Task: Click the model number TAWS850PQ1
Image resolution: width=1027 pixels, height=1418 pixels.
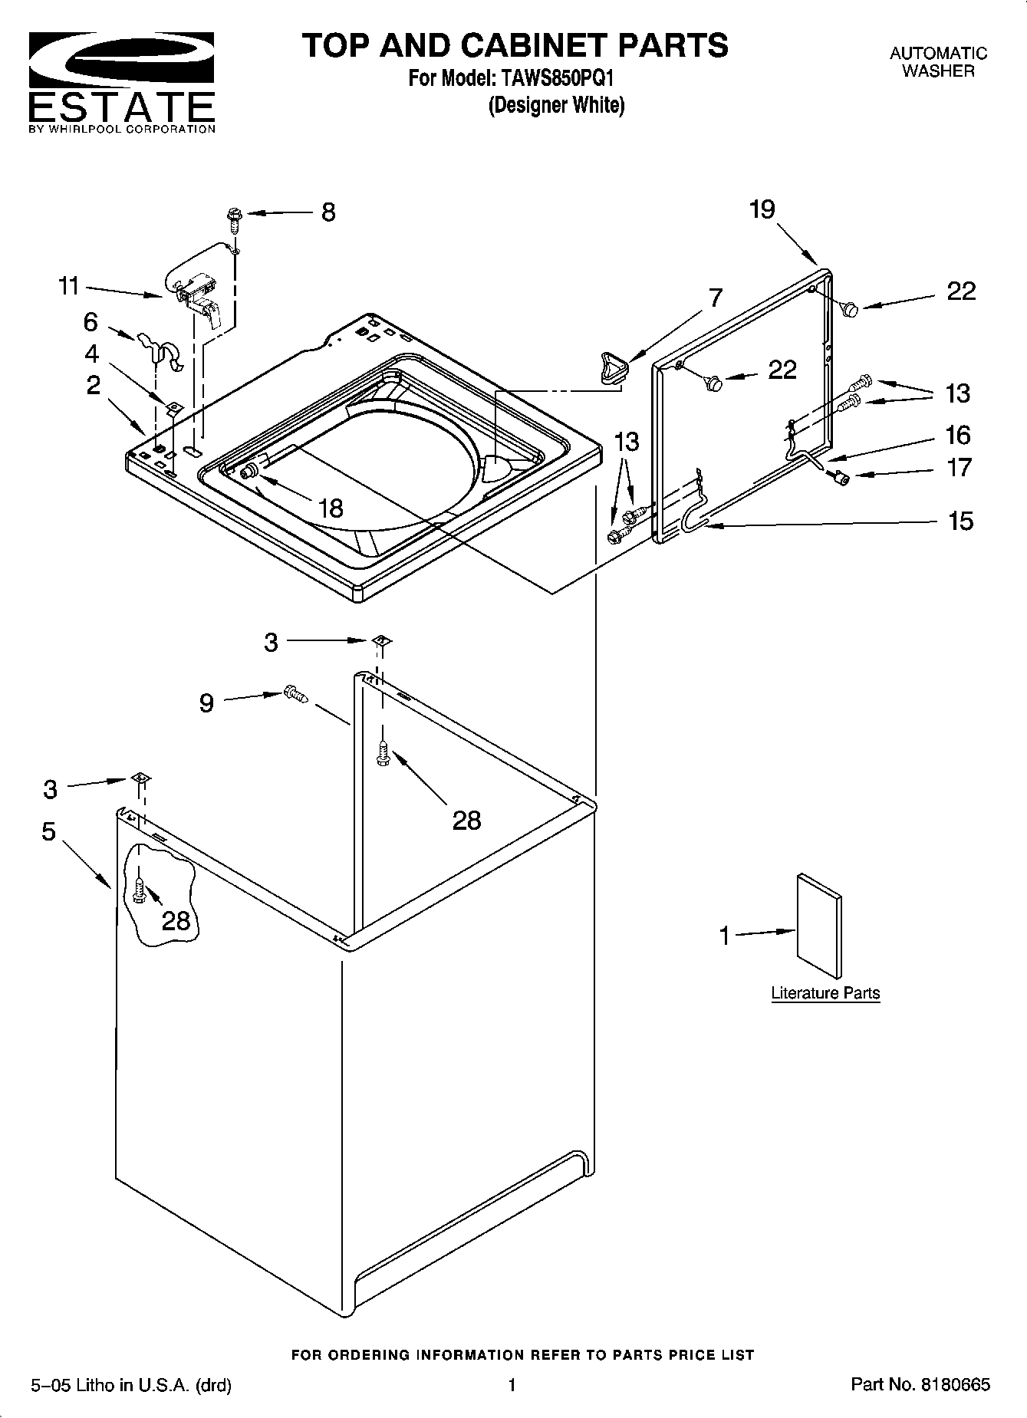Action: pyautogui.click(x=558, y=78)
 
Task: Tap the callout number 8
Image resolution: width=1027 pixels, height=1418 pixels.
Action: pyautogui.click(x=328, y=212)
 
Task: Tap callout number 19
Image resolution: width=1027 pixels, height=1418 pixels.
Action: pyautogui.click(x=762, y=209)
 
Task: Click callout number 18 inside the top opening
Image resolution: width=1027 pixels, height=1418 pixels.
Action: pyautogui.click(x=331, y=508)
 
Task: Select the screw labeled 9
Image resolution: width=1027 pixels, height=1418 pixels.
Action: pyautogui.click(x=295, y=693)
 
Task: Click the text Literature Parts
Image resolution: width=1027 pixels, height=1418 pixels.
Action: pyautogui.click(x=825, y=993)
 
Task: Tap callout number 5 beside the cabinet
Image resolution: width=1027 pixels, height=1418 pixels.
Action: pyautogui.click(x=48, y=831)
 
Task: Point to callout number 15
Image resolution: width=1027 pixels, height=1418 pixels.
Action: pyautogui.click(x=960, y=521)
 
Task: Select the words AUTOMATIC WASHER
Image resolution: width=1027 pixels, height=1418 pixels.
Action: pyautogui.click(x=937, y=62)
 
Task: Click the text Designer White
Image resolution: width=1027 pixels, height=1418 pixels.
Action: pyautogui.click(x=557, y=105)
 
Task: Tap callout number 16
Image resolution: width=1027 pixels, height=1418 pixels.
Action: pyautogui.click(x=958, y=435)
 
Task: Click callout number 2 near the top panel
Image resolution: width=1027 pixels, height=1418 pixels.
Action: pyautogui.click(x=93, y=384)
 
